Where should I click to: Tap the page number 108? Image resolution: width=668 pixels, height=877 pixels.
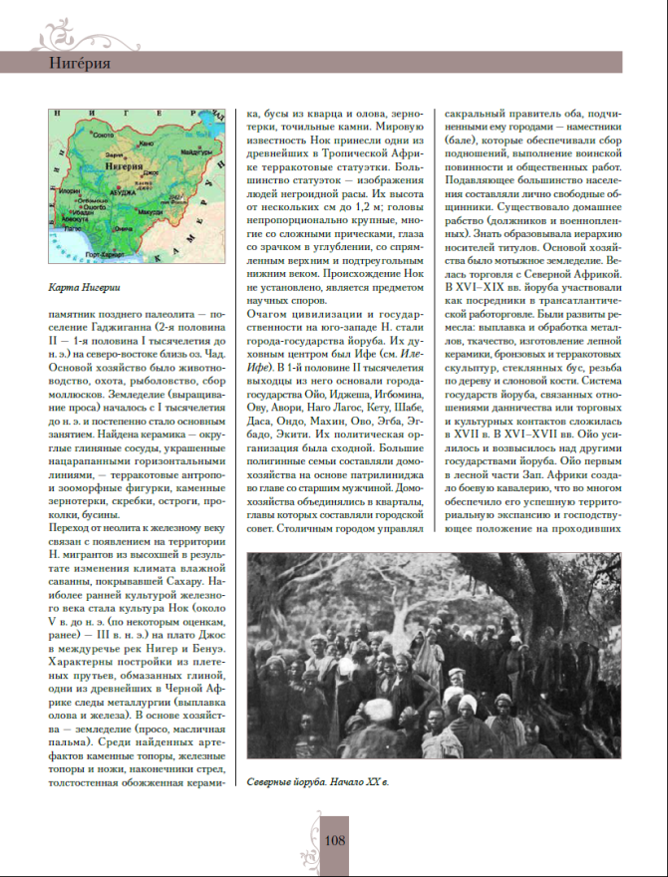point(334,840)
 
